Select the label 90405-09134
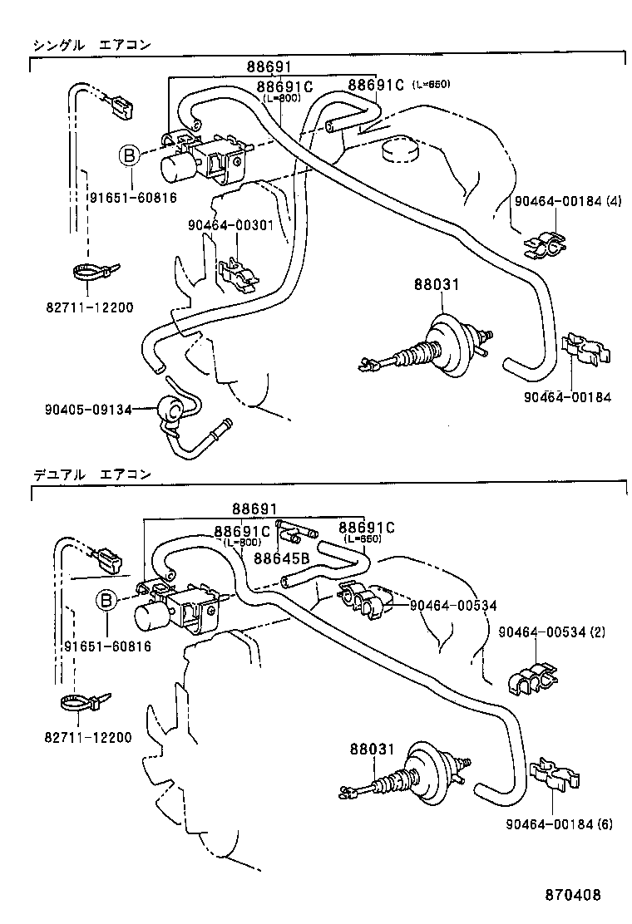point(88,409)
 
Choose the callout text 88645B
point(281,559)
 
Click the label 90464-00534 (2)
point(551,632)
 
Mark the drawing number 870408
point(572,895)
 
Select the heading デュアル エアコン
point(91,474)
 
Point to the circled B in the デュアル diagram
point(106,600)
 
